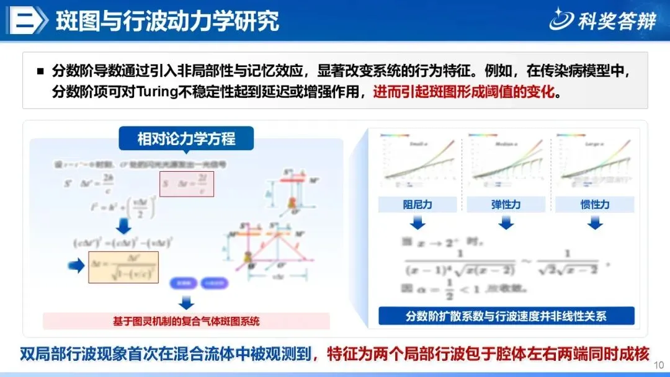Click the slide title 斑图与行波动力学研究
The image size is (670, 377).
coord(167,20)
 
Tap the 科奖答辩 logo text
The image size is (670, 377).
coord(617,21)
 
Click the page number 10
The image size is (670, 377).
coord(659,365)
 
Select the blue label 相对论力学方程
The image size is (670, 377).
coord(186,138)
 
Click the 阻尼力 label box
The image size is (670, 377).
coord(418,205)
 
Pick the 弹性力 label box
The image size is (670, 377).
coord(507,205)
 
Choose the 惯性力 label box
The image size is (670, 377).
coord(595,205)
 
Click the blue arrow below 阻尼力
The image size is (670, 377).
coord(418,221)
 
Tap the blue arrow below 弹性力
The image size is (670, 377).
coord(507,221)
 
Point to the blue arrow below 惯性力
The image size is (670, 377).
coord(595,221)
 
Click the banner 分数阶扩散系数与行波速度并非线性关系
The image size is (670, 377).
coord(506,316)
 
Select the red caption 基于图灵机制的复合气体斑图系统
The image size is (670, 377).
coord(186,321)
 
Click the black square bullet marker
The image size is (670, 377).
coord(40,71)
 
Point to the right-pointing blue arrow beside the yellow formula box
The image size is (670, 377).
coord(75,266)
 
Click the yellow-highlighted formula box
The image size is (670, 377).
coord(123,267)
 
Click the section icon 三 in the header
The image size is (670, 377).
coord(27,20)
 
